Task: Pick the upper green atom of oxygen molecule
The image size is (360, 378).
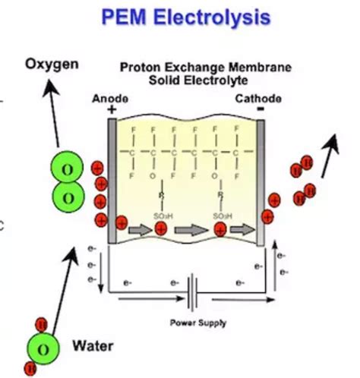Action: coord(68,167)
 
